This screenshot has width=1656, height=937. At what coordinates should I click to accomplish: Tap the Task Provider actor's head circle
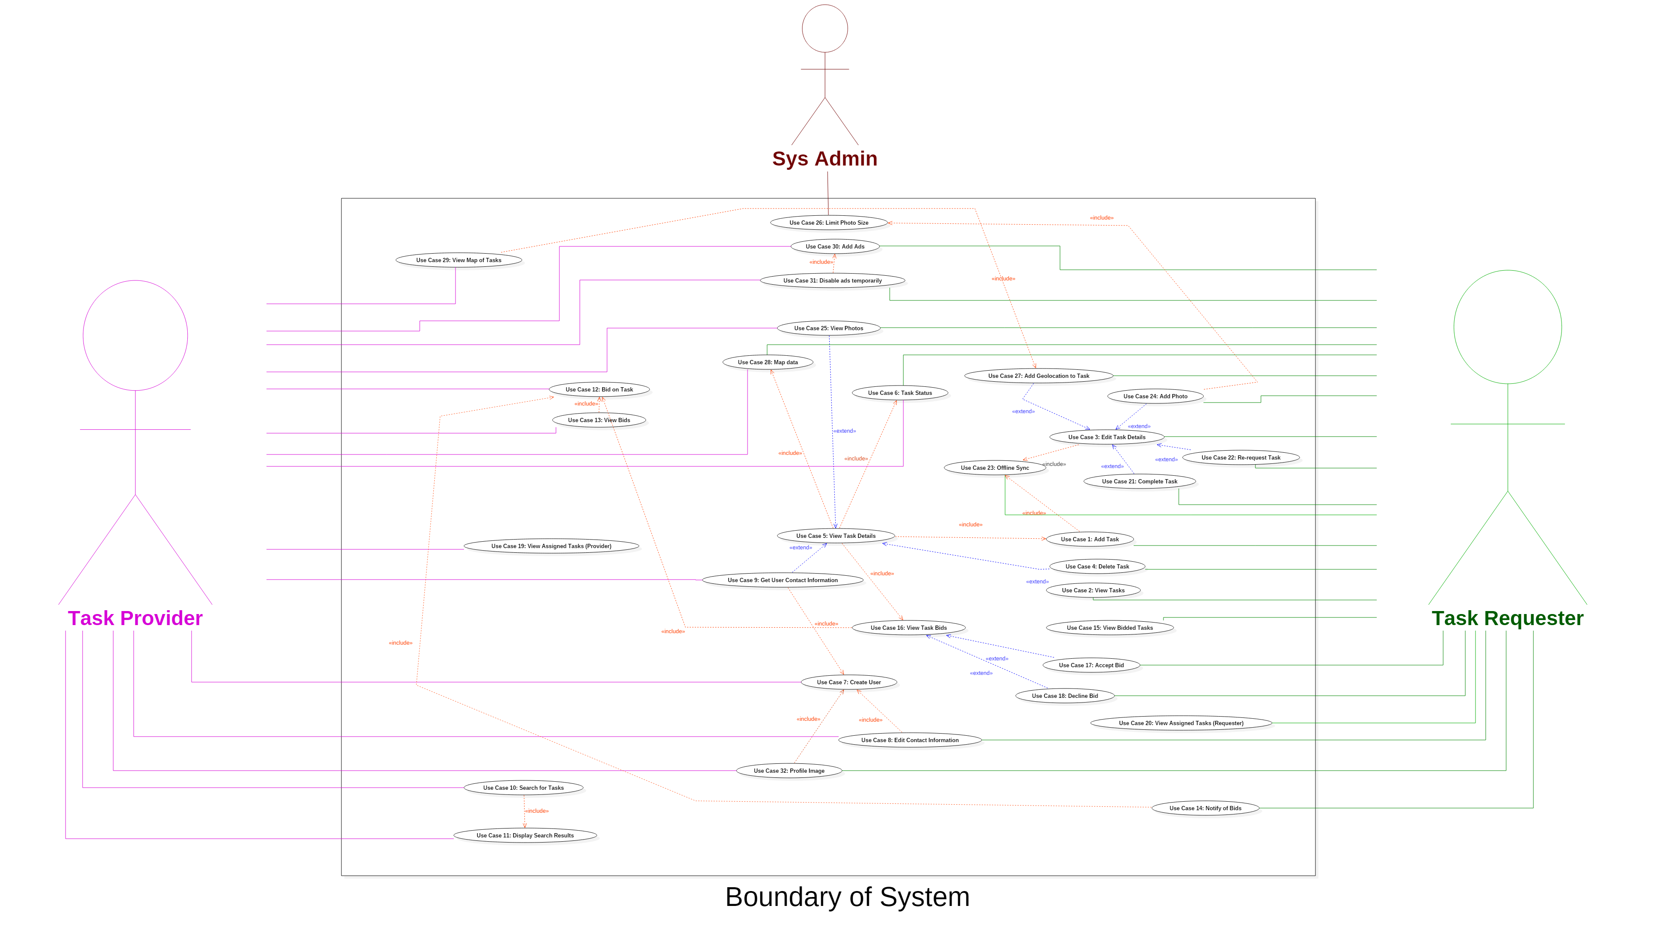[x=135, y=335]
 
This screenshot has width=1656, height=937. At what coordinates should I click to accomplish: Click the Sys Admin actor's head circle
[x=825, y=29]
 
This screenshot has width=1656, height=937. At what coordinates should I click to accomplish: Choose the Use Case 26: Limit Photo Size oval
[x=828, y=223]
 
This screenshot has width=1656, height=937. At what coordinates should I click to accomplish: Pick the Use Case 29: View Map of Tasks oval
[x=458, y=260]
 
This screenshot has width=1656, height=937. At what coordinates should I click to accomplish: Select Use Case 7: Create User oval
[x=848, y=682]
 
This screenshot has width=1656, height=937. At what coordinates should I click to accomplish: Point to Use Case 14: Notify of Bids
[x=1205, y=808]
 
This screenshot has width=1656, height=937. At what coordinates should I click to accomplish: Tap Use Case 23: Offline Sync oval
[x=994, y=468]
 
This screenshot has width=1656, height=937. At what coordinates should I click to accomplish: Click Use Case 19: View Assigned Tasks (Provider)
[x=551, y=546]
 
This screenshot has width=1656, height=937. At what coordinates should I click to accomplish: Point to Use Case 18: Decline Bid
[x=1065, y=696]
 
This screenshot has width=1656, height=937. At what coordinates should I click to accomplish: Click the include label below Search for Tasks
[x=537, y=811]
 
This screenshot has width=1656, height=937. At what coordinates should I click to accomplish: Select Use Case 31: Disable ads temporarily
[x=832, y=280]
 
